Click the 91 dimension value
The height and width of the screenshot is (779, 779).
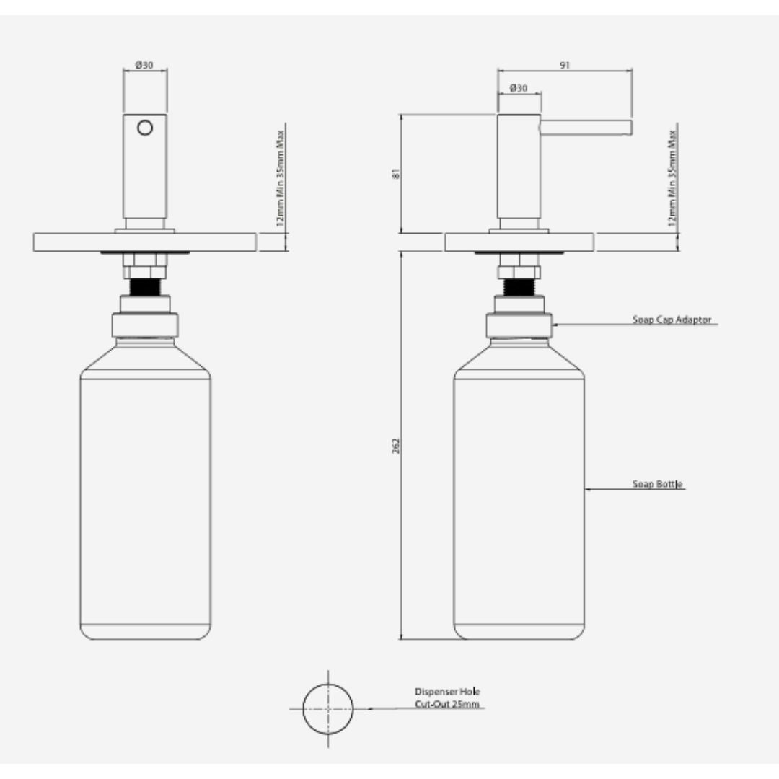click(564, 65)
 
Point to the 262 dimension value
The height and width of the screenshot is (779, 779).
click(396, 445)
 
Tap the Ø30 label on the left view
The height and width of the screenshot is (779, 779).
click(144, 65)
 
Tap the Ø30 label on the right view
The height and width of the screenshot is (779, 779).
click(518, 88)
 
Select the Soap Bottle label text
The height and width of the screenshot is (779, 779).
click(657, 484)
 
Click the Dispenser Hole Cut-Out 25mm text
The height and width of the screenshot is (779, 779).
click(447, 697)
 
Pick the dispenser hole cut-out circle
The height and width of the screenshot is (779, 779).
click(328, 709)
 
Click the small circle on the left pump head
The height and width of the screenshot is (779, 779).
click(145, 128)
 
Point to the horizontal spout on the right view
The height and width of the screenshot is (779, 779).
click(586, 128)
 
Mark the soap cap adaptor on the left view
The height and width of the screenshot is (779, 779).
click(145, 325)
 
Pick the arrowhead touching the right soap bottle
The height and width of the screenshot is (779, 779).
click(588, 490)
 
